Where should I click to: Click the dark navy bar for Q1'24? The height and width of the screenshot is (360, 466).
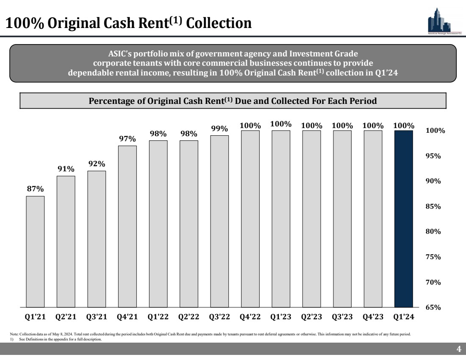tap(404, 218)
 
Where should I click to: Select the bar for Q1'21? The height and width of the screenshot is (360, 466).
tap(35, 251)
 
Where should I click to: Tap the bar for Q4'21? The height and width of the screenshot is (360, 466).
tap(127, 226)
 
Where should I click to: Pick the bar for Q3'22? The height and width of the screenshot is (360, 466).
tap(219, 221)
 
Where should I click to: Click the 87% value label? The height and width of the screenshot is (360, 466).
tap(35, 189)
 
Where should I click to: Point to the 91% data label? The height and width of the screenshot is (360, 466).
tap(66, 169)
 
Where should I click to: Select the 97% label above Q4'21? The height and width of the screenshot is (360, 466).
tap(127, 139)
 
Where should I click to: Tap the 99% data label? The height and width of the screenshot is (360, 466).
tap(219, 128)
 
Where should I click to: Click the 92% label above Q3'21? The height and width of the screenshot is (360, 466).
tap(97, 164)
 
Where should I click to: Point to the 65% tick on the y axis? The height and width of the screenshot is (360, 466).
tap(432, 307)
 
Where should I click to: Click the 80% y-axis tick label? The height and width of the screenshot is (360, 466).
tap(432, 232)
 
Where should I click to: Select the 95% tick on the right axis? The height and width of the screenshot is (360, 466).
tap(432, 156)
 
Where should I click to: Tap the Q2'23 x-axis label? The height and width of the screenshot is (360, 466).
tap(311, 316)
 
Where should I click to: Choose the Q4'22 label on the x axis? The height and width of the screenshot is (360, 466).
tap(250, 316)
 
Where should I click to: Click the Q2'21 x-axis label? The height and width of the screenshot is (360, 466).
tap(66, 316)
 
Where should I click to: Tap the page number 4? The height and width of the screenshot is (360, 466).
tap(458, 349)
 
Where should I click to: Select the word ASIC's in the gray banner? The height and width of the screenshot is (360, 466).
tap(120, 54)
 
